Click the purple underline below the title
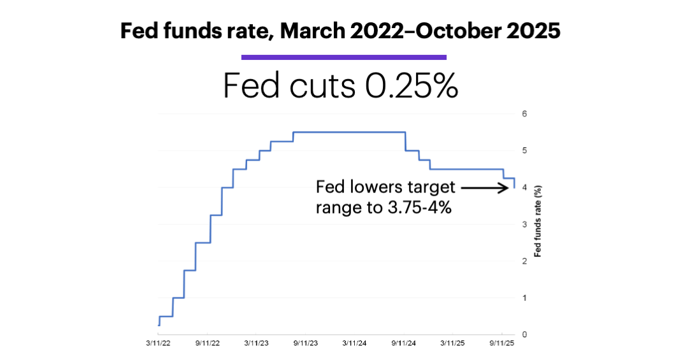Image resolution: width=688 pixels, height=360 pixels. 344,57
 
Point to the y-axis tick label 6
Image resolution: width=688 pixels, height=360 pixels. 524,114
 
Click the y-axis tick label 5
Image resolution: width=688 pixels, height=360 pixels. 524,151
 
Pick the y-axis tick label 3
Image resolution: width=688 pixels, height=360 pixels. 524,224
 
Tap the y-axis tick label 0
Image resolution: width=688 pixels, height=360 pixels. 524,335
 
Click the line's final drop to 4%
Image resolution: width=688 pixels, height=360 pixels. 514,184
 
